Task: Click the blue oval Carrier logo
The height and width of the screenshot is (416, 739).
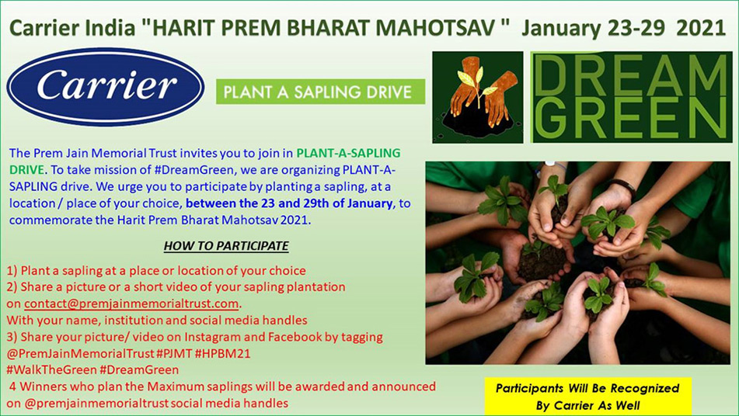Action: point(106,87)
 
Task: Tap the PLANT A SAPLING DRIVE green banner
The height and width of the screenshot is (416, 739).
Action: point(320,92)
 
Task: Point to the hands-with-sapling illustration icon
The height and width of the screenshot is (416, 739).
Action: point(478,98)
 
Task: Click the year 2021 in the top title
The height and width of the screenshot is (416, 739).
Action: point(701,28)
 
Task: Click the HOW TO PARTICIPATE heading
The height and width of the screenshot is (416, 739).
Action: point(226,246)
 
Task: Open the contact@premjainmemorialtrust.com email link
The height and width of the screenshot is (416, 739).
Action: point(131,303)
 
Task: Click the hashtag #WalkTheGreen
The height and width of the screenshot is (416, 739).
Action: point(51,370)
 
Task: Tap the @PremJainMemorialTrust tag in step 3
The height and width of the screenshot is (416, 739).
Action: point(80,353)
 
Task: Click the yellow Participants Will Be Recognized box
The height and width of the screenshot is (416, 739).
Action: point(587,397)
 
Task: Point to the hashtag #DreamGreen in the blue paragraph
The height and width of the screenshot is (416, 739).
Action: point(200,169)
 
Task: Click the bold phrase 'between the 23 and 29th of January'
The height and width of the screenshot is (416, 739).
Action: point(289,203)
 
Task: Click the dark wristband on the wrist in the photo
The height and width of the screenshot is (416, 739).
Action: point(622,185)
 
